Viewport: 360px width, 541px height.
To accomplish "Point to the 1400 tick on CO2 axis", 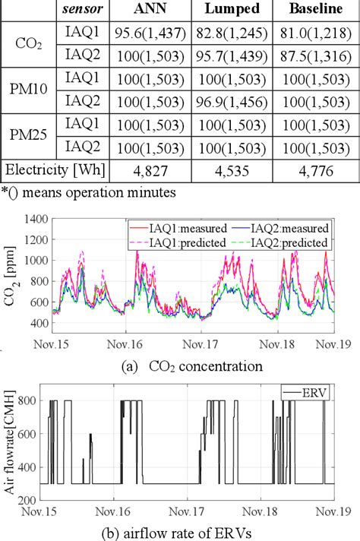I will coord(32,219).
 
